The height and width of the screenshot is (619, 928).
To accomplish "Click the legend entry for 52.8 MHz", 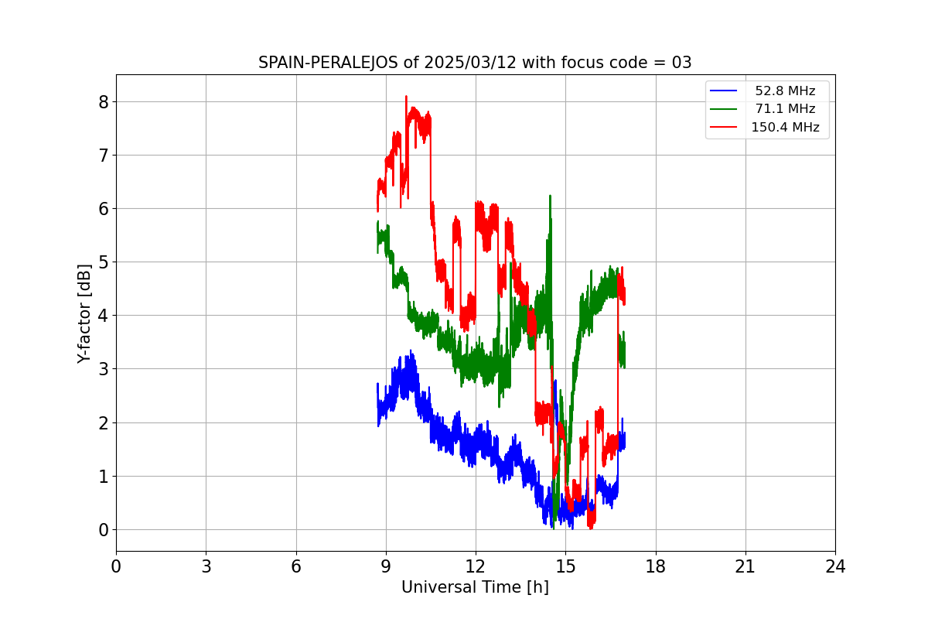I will (784, 91).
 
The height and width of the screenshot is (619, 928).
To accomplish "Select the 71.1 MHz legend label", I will (784, 109).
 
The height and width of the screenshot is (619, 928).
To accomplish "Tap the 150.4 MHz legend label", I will (784, 128).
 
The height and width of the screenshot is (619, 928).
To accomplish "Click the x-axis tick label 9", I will (386, 567).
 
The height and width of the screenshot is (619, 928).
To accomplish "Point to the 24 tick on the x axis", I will (835, 567).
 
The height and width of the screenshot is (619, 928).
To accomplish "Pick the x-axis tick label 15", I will (565, 567).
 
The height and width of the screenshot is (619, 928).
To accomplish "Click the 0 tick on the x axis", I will (116, 567).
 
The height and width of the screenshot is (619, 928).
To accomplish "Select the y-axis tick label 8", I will (102, 102).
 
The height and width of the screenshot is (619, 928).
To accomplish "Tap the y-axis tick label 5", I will (102, 262).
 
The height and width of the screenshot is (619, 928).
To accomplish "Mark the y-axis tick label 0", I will (102, 530).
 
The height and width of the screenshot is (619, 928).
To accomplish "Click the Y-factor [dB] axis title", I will (84, 313).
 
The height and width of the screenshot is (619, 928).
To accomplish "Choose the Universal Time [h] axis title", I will (475, 588).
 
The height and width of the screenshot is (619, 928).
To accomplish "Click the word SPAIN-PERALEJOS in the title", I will (329, 63).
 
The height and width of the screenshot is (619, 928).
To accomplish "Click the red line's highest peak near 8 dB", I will (406, 97).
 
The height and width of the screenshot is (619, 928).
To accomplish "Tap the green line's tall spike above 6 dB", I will (550, 197).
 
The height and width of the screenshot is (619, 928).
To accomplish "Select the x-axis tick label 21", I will (745, 567).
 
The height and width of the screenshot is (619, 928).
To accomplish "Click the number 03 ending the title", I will (681, 63).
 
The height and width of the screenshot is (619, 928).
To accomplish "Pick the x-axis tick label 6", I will (296, 567).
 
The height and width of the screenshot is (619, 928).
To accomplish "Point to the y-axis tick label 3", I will (102, 369).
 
